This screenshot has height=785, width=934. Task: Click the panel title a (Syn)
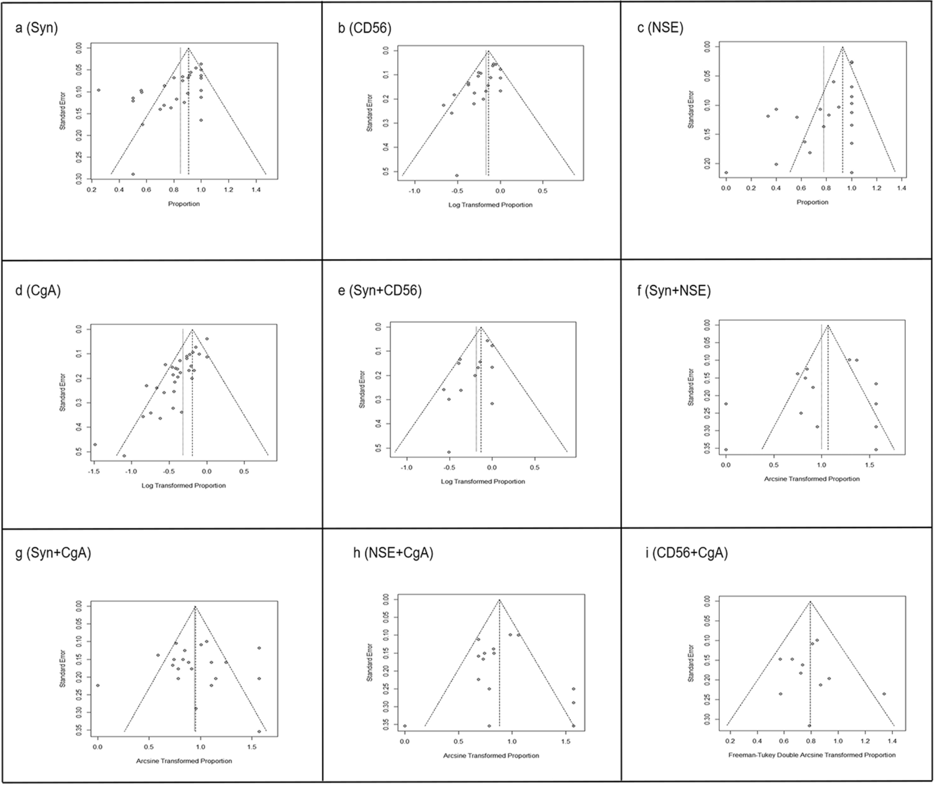click(x=37, y=29)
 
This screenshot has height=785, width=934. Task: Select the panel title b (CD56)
click(x=364, y=29)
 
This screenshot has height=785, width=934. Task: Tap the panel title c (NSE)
click(x=660, y=28)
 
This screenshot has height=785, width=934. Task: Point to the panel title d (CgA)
click(x=38, y=291)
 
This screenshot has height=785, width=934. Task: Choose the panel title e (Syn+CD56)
click(x=380, y=291)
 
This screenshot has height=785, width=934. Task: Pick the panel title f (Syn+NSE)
click(x=674, y=291)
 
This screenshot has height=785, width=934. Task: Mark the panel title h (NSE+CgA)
click(x=393, y=553)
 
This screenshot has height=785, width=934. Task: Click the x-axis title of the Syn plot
click(x=184, y=204)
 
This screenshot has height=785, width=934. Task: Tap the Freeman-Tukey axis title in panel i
click(x=812, y=755)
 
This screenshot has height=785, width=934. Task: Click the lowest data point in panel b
click(x=457, y=176)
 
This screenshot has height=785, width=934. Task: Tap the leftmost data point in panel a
click(x=99, y=90)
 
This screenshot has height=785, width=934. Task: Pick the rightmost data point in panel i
click(x=884, y=694)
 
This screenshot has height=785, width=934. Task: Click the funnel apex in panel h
click(x=499, y=600)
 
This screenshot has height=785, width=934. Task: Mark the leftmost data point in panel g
click(x=98, y=685)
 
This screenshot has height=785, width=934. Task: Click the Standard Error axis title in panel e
click(x=362, y=389)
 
